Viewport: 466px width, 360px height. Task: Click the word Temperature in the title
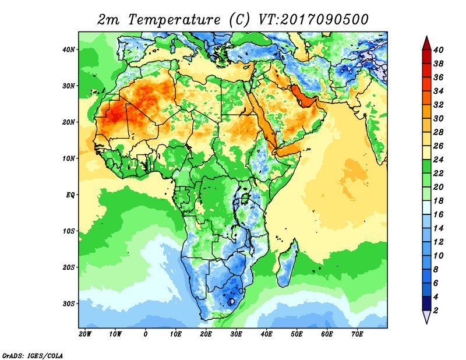[x=174, y=20]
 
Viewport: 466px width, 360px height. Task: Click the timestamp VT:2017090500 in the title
[x=313, y=20]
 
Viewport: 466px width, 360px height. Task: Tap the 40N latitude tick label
[x=69, y=50]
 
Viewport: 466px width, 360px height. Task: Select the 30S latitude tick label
[x=69, y=304]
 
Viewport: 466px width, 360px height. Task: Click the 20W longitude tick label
[x=85, y=334]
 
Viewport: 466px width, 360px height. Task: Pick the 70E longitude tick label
[x=357, y=334]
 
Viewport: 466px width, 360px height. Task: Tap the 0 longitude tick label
[x=145, y=334]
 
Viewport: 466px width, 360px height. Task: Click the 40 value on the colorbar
[x=438, y=50]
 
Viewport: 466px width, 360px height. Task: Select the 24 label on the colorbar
[x=438, y=160]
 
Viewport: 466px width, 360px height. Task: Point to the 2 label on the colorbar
[x=436, y=310]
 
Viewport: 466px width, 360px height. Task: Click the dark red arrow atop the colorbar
[x=426, y=43]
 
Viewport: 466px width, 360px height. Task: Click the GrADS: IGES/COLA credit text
[x=33, y=355]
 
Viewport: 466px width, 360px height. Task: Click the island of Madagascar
[x=287, y=264]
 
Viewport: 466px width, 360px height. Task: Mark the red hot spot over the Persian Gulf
[x=303, y=97]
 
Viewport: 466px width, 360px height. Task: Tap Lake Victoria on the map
[x=245, y=197]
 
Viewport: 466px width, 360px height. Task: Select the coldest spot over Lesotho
[x=231, y=302]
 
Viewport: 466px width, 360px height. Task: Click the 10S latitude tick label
[x=69, y=231]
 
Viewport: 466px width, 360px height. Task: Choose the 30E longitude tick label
[x=236, y=334]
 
